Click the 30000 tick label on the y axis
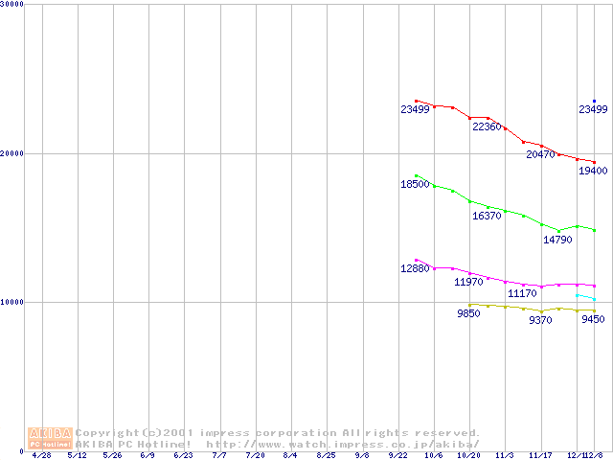[12, 5]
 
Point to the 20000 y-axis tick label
[12, 153]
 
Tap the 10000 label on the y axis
[12, 302]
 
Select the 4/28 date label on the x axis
[42, 455]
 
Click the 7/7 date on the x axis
[220, 455]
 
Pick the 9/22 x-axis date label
[397, 455]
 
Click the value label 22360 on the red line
[488, 127]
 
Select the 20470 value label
[542, 154]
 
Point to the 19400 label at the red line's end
[593, 171]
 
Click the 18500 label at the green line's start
[415, 184]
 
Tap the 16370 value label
[488, 217]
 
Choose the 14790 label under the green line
[558, 240]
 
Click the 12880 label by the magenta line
[415, 269]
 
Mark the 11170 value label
[522, 293]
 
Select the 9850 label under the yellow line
[468, 314]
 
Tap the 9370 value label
[540, 320]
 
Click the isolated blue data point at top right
[594, 101]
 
